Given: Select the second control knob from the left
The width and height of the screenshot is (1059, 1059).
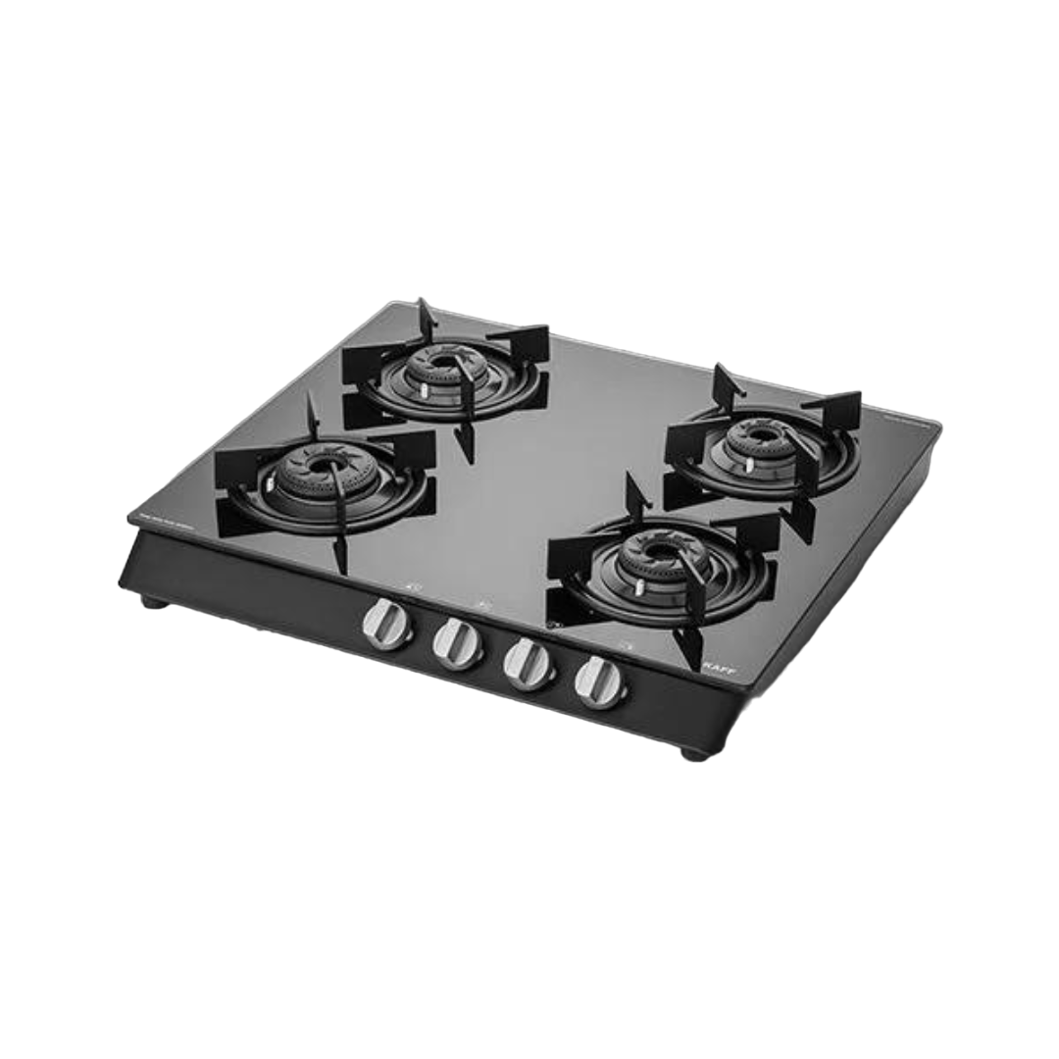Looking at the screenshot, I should click(458, 643).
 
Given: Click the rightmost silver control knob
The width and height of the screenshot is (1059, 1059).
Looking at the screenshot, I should click(600, 682).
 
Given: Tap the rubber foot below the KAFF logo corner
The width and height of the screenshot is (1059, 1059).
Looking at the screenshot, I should click(693, 753).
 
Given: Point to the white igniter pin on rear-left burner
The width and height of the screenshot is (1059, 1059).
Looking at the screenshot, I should click(425, 390).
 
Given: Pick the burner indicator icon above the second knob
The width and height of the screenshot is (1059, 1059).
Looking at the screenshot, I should click(483, 606).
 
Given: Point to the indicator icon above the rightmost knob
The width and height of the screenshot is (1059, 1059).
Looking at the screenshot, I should click(626, 644).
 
